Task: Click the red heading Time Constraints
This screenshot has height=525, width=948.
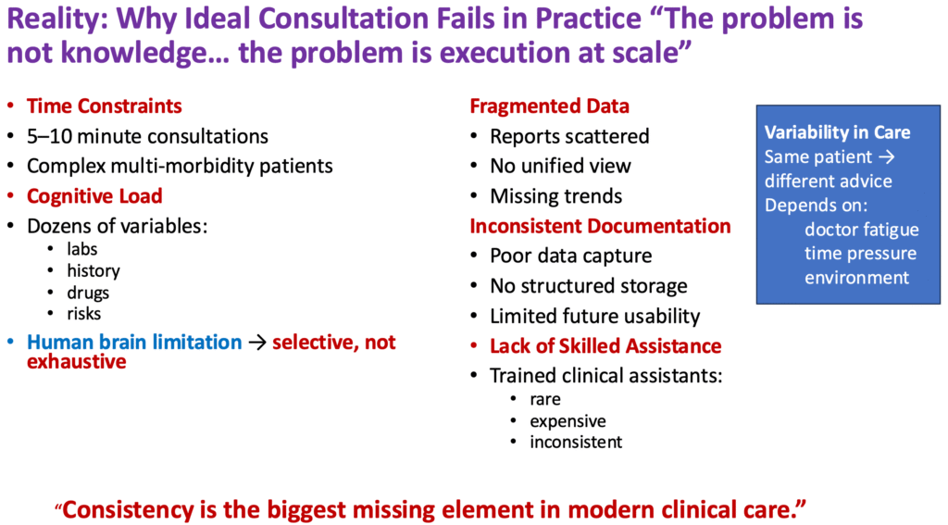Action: [x=104, y=106]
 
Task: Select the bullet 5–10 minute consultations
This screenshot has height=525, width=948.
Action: [x=147, y=136]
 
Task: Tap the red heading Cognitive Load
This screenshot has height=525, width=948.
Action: [x=94, y=196]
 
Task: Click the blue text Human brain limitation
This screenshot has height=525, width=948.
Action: [x=134, y=343]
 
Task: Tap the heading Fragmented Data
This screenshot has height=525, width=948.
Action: [x=549, y=106]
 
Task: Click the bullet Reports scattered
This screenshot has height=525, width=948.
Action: [x=569, y=136]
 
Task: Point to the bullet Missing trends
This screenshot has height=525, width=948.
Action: [x=555, y=196]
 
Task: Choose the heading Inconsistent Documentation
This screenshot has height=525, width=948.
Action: [x=600, y=226]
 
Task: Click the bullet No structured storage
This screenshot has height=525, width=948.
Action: [x=589, y=286]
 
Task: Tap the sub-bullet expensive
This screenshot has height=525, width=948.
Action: [x=567, y=421]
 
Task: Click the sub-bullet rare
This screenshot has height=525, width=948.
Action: [x=545, y=400]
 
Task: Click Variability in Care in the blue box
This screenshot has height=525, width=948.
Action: [x=837, y=132]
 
